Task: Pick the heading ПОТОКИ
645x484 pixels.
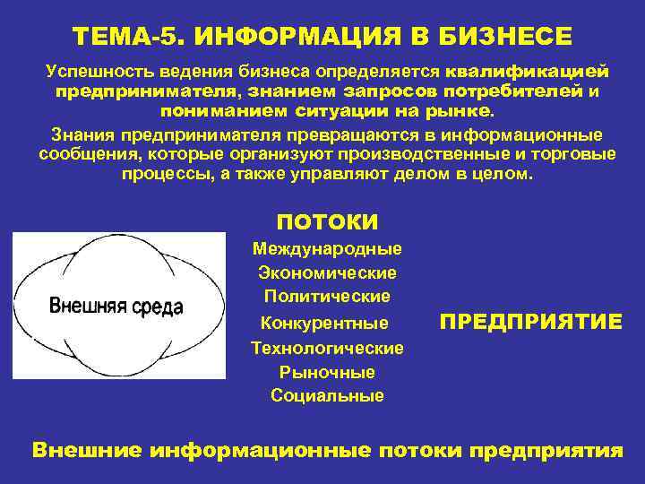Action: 327,221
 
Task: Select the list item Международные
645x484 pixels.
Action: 327,248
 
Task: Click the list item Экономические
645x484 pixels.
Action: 327,272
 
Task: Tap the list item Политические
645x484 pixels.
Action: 327,295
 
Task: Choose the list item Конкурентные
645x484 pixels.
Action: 323,322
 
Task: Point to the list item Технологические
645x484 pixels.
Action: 327,348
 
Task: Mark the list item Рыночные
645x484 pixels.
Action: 327,371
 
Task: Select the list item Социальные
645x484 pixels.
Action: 327,395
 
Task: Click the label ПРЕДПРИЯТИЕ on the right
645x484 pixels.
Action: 531,322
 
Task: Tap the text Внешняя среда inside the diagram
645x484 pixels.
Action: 116,307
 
